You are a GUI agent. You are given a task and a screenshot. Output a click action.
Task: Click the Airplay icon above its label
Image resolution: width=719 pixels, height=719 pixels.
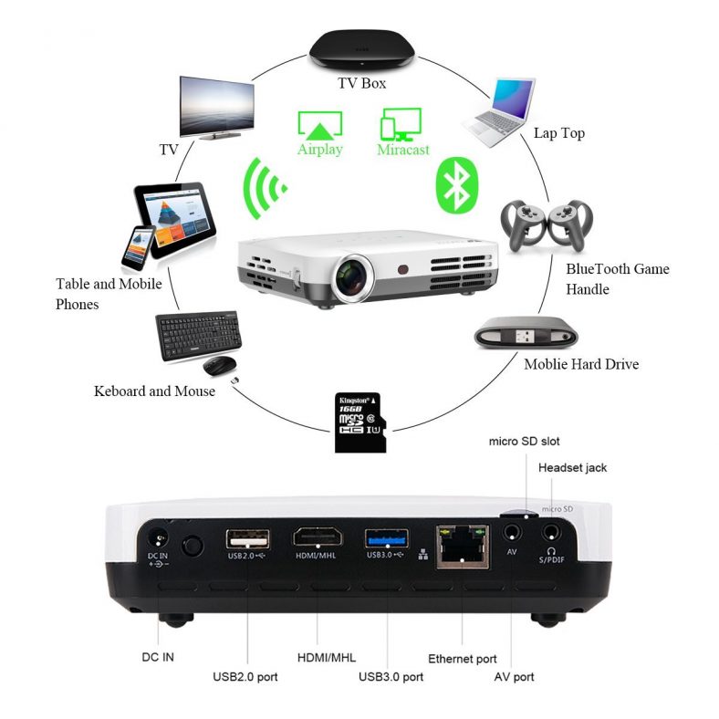[x=319, y=124]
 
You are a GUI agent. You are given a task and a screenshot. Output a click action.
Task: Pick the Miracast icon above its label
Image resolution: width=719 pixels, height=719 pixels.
[x=401, y=122]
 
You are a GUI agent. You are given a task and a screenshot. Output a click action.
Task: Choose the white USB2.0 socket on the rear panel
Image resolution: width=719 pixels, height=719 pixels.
[x=246, y=537]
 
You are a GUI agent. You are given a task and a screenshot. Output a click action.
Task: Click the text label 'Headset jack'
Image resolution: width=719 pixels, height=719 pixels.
[x=572, y=468]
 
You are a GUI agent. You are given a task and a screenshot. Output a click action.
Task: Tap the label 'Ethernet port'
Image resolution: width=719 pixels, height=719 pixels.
[x=463, y=658]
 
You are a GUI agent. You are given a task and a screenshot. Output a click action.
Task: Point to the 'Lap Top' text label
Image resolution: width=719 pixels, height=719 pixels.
[x=558, y=133]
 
